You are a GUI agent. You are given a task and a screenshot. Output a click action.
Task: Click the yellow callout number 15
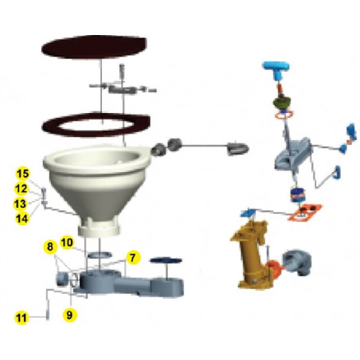(23, 174)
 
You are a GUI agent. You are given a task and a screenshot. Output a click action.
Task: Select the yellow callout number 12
(23, 189)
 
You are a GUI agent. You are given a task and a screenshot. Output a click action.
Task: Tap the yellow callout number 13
(23, 203)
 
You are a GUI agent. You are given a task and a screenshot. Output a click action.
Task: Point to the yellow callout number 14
(23, 217)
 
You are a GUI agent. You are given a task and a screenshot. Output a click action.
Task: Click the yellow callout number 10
(67, 241)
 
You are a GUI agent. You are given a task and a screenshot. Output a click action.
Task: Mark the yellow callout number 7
(132, 258)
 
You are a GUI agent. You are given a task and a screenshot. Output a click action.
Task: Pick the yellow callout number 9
(71, 315)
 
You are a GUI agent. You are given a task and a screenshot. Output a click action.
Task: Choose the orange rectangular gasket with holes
(306, 212)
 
